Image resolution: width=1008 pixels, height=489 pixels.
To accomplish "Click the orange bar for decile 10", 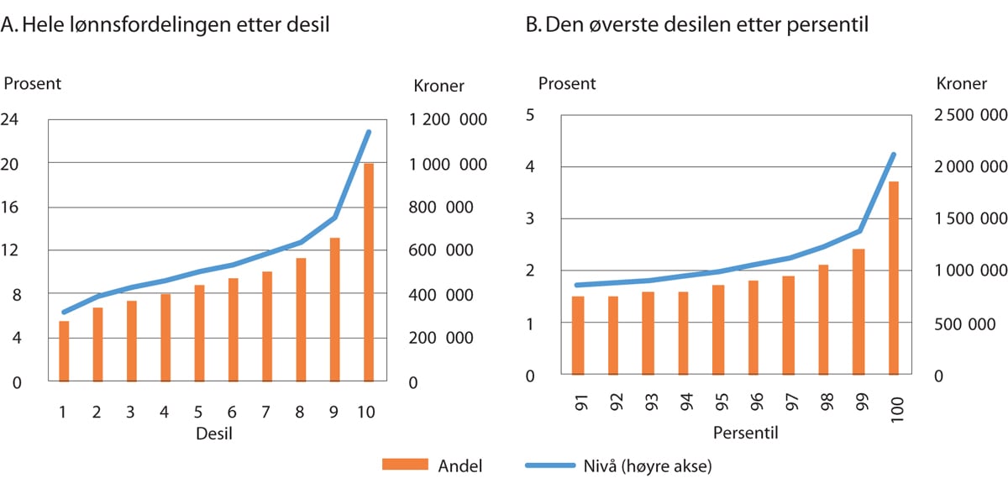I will (x=369, y=273).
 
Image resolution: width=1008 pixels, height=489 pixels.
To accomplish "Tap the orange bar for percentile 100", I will (x=894, y=278).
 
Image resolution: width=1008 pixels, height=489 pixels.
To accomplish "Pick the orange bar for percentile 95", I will (x=718, y=330).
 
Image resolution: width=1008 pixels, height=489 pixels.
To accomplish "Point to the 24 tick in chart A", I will (x=12, y=119).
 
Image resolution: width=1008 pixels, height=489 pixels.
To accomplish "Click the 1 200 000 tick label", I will (x=448, y=119).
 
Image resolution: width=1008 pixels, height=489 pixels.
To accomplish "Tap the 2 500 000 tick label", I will (x=970, y=114).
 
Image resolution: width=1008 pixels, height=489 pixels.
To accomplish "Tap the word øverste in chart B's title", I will (x=632, y=26).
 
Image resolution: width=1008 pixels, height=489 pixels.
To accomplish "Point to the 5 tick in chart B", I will (x=530, y=114).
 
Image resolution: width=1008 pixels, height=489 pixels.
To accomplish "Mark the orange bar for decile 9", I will (x=335, y=310).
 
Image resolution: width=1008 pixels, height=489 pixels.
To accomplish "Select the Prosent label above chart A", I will (x=33, y=83).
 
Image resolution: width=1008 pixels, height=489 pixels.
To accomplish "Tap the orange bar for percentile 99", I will (x=858, y=312).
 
